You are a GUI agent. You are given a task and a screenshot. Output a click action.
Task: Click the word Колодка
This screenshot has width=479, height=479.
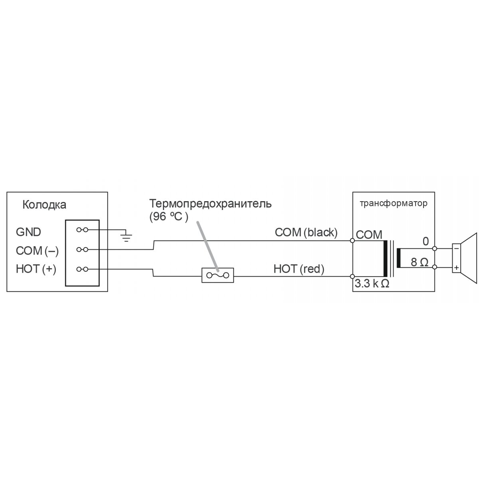click(44, 205)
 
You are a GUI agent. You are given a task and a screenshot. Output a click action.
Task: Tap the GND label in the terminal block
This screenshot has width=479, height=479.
click(28, 232)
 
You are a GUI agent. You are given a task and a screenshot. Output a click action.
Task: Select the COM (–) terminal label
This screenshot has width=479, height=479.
click(37, 251)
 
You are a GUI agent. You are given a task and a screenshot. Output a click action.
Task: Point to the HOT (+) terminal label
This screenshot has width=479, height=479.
click(36, 269)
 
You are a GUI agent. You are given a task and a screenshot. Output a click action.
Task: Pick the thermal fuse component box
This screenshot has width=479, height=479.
click(218, 275)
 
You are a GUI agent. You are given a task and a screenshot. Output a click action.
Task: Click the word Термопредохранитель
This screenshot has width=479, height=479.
click(210, 204)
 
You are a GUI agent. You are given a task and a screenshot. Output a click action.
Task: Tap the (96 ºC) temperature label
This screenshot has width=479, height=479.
click(169, 217)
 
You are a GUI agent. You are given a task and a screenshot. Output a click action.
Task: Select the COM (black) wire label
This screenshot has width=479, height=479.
click(306, 233)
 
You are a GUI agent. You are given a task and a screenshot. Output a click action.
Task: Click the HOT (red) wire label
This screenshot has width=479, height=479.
click(299, 269)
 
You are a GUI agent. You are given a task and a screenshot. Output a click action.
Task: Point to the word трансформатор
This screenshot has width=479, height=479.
click(394, 203)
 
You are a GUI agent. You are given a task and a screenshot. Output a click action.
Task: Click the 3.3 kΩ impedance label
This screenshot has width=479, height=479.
click(372, 284)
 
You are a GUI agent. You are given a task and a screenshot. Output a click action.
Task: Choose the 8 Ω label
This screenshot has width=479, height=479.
click(420, 262)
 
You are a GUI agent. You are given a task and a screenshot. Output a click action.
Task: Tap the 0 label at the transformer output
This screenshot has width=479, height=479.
click(426, 241)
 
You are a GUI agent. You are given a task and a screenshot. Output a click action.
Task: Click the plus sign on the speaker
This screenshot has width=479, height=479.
click(456, 268)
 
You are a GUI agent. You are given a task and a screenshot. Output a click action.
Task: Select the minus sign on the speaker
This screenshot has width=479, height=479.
click(456, 248)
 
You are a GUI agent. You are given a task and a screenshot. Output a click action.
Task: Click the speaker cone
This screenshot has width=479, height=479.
click(469, 258)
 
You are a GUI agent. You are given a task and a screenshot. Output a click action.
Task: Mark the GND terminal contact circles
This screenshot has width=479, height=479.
click(82, 230)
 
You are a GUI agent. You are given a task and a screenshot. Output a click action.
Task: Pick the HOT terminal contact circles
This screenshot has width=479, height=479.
click(82, 269)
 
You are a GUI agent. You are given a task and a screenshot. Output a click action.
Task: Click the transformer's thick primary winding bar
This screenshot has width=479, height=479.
click(386, 259)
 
